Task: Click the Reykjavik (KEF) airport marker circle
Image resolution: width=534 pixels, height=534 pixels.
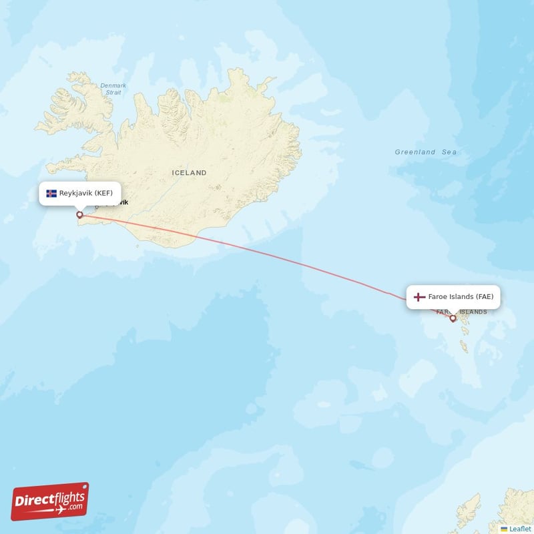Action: click(x=80, y=215)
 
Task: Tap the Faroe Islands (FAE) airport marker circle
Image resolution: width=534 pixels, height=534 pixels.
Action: click(x=453, y=318)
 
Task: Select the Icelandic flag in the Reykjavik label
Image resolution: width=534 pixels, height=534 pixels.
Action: click(x=51, y=194)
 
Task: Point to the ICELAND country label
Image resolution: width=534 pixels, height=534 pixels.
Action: click(x=189, y=173)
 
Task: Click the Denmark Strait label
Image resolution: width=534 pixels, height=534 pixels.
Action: click(x=113, y=89)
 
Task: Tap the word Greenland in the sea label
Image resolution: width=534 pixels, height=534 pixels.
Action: click(x=415, y=152)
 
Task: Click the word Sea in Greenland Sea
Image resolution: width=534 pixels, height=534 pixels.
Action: click(x=449, y=152)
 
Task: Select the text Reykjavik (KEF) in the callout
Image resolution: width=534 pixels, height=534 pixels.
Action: click(x=85, y=194)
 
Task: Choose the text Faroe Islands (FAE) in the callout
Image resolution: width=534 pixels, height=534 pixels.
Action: click(x=461, y=297)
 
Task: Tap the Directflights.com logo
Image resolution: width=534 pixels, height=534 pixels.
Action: click(x=50, y=501)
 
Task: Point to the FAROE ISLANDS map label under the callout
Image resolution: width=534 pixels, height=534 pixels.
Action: click(x=461, y=312)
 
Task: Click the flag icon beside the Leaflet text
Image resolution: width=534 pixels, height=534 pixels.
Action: click(x=504, y=529)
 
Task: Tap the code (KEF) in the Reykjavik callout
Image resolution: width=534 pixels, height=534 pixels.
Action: click(x=103, y=194)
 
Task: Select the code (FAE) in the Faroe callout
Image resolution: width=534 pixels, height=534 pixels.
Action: click(x=484, y=297)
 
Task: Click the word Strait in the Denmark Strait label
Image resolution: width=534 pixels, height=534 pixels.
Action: click(x=113, y=93)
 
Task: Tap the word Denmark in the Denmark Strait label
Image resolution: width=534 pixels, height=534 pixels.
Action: click(x=113, y=85)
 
